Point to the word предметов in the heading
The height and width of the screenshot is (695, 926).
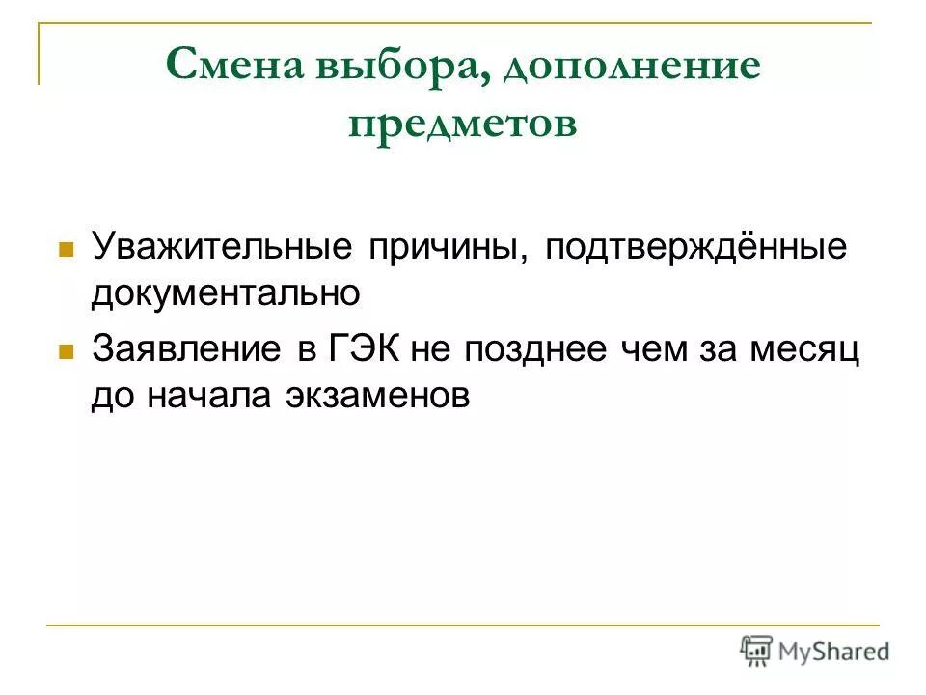click(x=462, y=124)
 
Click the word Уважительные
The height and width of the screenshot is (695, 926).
click(x=220, y=247)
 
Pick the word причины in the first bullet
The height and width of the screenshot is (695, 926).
click(x=446, y=247)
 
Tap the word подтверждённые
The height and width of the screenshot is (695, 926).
click(x=695, y=247)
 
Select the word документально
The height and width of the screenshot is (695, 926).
click(x=226, y=293)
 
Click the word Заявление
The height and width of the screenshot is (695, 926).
click(x=186, y=348)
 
